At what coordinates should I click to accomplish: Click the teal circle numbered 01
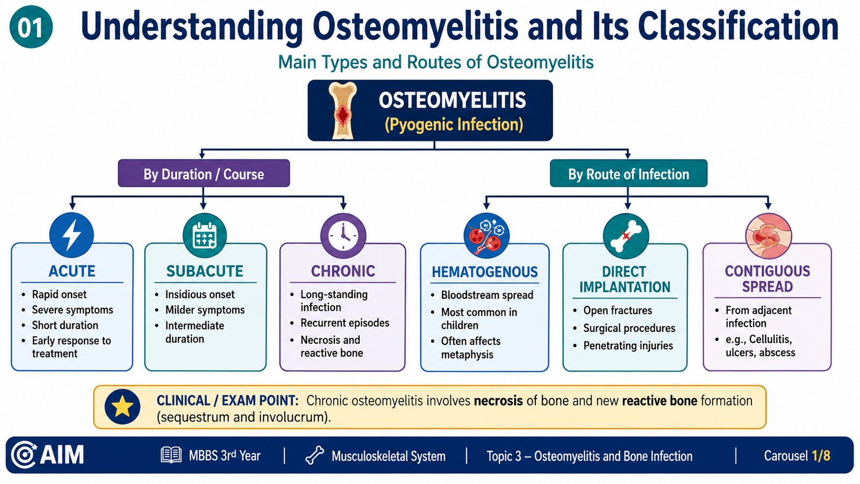(x=31, y=27)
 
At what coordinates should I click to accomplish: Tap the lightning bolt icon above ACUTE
(x=71, y=234)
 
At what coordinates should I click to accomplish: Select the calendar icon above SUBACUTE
(x=205, y=235)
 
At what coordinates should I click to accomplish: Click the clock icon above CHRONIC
(x=343, y=236)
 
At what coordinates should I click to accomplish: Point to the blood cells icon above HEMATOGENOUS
(x=486, y=236)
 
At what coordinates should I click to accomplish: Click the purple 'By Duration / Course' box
(x=204, y=173)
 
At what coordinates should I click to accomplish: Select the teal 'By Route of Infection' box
(x=628, y=173)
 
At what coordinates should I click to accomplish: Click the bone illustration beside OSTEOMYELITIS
(x=342, y=110)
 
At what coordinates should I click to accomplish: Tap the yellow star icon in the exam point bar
(x=122, y=407)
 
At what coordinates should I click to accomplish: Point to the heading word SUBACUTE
(x=205, y=271)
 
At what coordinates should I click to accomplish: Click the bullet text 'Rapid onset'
(x=59, y=294)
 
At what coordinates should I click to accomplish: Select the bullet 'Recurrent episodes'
(x=345, y=323)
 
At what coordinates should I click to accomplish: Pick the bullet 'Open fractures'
(x=618, y=310)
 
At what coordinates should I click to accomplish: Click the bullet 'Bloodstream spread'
(x=487, y=295)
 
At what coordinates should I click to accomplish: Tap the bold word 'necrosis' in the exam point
(x=498, y=401)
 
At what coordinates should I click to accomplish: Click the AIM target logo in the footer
(x=24, y=455)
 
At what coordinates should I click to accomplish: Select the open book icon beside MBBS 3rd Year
(x=171, y=455)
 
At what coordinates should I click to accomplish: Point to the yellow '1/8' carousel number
(x=821, y=455)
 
